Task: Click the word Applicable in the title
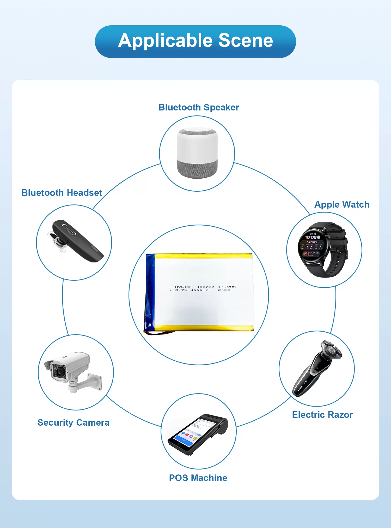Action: pyautogui.click(x=166, y=41)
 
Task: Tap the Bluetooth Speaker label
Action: pyautogui.click(x=199, y=107)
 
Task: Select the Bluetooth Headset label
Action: pyautogui.click(x=62, y=193)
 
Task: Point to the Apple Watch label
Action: pyautogui.click(x=342, y=204)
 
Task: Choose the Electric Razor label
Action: pyautogui.click(x=322, y=415)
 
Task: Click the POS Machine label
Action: pyautogui.click(x=198, y=478)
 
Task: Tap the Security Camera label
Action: pyautogui.click(x=73, y=423)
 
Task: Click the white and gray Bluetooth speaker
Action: pyautogui.click(x=197, y=153)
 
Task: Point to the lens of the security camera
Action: pyautogui.click(x=60, y=371)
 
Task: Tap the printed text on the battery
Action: pyautogui.click(x=203, y=288)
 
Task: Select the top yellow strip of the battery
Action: pyautogui.click(x=203, y=256)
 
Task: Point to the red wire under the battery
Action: pyautogui.click(x=159, y=333)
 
